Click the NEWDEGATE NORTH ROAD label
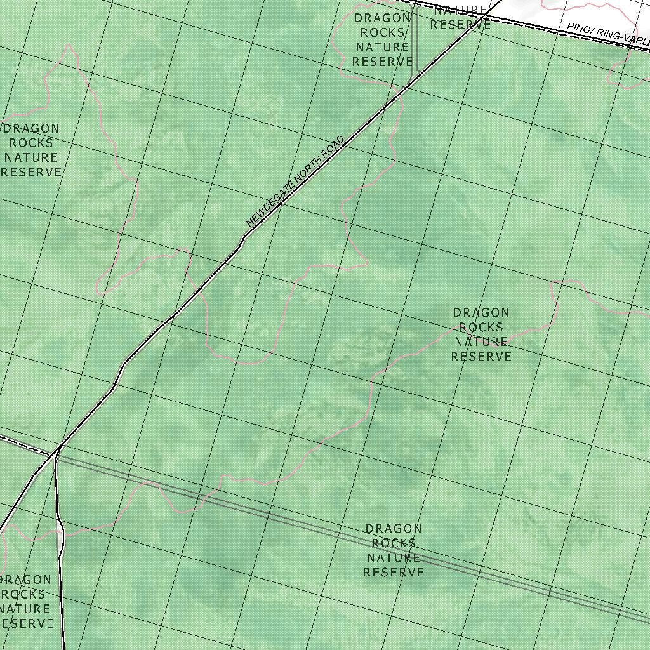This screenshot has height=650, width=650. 295,182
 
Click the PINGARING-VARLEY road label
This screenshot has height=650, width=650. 608,34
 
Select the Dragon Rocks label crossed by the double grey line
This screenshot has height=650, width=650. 394,550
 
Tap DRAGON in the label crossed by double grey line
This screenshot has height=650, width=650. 394,529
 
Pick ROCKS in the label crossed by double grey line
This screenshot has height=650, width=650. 394,543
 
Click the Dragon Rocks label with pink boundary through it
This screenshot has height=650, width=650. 481,335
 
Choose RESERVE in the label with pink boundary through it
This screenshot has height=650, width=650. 481,357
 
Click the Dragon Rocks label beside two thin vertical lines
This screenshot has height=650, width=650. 383,39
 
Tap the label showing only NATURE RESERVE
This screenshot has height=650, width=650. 460,18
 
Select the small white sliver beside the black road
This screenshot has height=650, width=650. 60,540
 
